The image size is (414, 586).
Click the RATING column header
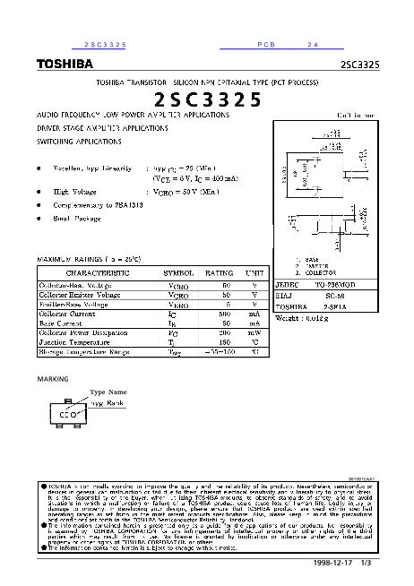click(220, 271)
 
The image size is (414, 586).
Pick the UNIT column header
click(254, 271)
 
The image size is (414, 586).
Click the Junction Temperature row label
click(73, 341)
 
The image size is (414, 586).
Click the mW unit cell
click(254, 332)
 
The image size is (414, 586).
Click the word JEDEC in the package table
click(286, 281)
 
